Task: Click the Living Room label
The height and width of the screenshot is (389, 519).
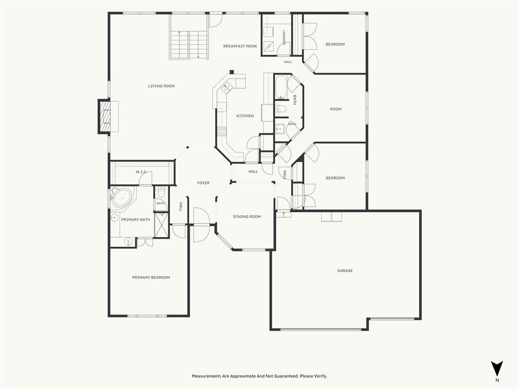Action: coord(161,86)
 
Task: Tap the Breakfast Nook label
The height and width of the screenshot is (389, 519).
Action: coord(240,46)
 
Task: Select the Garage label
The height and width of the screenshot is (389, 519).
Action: coord(345,270)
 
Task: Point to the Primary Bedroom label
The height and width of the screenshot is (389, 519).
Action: coord(151,278)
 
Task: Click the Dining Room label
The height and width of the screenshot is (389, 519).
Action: coord(247,217)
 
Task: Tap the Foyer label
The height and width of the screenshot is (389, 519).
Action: coord(203,183)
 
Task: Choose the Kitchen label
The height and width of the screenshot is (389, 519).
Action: coord(245,116)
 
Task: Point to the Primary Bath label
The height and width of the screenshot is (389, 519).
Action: coord(135,220)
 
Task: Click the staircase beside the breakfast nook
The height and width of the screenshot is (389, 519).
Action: coord(189,45)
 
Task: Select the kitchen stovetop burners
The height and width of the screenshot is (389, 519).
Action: coord(222,131)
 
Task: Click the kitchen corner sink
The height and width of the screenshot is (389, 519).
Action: coord(227,87)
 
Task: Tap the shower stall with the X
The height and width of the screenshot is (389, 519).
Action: coord(162,225)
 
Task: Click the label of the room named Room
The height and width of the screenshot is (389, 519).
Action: coord(336,109)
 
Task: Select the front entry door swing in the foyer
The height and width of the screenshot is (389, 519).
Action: coord(201,225)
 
